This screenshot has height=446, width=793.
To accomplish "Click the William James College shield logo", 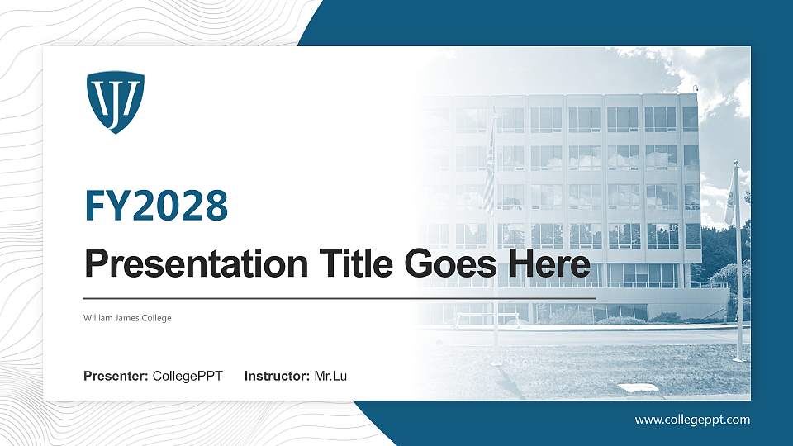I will click(115, 102).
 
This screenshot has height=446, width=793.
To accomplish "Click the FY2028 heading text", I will click(156, 205).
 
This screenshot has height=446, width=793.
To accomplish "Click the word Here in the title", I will click(551, 264).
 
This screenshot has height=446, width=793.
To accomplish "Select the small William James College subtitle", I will click(127, 318).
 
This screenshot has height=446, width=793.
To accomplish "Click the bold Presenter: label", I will click(116, 377).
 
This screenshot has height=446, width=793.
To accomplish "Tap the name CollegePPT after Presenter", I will click(188, 377).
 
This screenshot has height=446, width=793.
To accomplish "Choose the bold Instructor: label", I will click(278, 377).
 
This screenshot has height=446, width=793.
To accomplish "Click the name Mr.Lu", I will click(330, 377).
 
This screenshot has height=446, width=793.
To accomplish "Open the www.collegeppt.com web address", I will click(692, 420).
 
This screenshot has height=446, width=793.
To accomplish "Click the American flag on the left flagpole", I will click(489, 178).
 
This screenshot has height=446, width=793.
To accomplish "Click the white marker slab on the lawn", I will click(639, 387).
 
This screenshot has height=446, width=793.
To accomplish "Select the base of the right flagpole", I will click(738, 357).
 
